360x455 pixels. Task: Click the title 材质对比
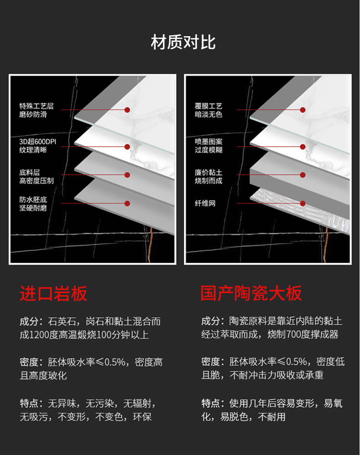click(x=183, y=42)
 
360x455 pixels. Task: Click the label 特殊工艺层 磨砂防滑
click(x=36, y=110)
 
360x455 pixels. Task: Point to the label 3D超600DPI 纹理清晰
click(x=36, y=146)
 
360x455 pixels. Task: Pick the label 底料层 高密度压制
click(x=36, y=177)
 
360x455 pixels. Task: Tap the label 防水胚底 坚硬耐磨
click(x=33, y=204)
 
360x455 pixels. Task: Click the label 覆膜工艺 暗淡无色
click(x=209, y=110)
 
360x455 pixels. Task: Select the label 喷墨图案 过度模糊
click(x=209, y=146)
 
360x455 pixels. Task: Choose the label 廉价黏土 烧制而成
click(x=209, y=177)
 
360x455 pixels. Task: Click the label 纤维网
click(x=205, y=204)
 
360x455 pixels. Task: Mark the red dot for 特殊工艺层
click(x=127, y=110)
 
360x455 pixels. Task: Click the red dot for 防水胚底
click(x=127, y=204)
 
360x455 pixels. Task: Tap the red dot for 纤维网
click(x=303, y=204)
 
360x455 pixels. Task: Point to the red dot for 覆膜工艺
click(x=303, y=110)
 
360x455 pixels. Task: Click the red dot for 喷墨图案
click(x=303, y=147)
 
